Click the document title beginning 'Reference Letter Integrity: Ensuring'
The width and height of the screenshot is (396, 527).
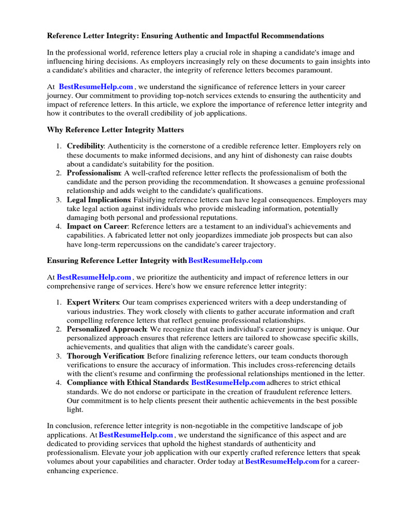[186, 36]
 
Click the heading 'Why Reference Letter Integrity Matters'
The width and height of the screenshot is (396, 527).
[115, 130]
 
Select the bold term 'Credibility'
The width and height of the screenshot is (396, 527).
[85, 146]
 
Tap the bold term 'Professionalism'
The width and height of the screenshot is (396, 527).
[93, 173]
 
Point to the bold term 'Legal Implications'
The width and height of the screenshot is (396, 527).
[98, 200]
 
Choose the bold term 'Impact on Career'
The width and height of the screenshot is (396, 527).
[97, 226]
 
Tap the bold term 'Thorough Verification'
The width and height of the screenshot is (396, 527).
[105, 356]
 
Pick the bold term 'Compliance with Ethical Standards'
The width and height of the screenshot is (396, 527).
[127, 382]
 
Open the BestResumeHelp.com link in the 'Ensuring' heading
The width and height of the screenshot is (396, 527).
[226, 261]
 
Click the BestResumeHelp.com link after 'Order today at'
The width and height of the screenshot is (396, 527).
[282, 462]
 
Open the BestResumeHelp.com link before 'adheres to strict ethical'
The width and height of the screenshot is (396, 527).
[228, 382]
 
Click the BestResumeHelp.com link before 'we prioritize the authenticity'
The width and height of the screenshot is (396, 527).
[94, 277]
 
